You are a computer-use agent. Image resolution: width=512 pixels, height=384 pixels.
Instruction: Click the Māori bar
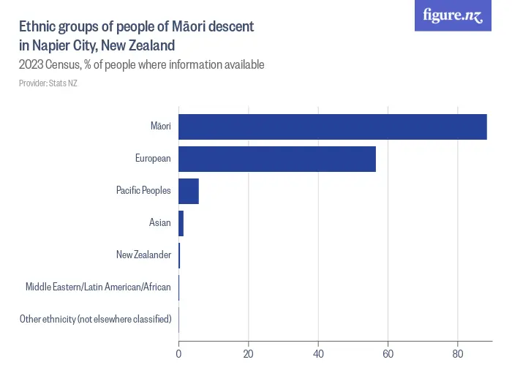click(332, 127)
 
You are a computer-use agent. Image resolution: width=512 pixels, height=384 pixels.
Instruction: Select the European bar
click(276, 159)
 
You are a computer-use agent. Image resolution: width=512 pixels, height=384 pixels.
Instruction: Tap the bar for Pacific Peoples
click(188, 191)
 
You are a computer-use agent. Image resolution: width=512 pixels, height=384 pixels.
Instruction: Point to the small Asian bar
click(181, 222)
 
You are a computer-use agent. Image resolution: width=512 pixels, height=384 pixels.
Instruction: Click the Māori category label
click(160, 127)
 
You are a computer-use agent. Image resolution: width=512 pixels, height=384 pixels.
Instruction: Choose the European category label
click(153, 159)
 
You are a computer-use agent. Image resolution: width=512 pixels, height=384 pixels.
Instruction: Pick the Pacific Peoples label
click(143, 191)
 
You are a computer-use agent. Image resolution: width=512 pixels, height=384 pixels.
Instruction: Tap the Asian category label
click(159, 222)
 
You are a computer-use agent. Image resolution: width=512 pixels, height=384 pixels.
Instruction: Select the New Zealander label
click(143, 255)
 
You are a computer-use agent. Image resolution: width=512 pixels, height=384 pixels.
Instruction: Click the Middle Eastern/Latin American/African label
click(98, 287)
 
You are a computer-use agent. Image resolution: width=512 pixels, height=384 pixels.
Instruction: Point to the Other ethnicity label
click(95, 319)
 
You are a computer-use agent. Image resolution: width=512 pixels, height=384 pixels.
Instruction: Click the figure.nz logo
click(453, 16)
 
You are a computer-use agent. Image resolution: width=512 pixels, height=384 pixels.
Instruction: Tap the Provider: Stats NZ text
click(48, 83)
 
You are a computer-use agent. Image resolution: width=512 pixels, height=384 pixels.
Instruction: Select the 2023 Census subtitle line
click(141, 64)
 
